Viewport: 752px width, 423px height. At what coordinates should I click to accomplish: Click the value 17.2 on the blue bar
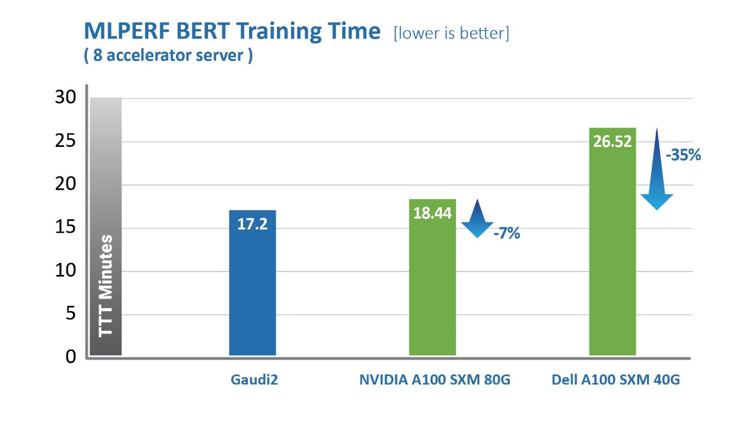pos(252,225)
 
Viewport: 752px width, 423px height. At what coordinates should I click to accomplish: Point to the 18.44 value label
pos(432,213)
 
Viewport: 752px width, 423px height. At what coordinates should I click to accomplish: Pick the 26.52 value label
pos(612,142)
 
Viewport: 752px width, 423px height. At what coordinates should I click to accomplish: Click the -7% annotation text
pos(506,233)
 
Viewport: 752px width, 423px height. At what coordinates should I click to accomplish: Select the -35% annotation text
pos(683,155)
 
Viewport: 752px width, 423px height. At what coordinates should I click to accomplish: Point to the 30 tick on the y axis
pos(65,98)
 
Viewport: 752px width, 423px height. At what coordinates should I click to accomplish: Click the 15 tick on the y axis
pos(65,227)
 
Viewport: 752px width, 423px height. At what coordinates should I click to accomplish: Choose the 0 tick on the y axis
pos(71,357)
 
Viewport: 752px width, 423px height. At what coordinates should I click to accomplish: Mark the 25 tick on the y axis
pos(65,141)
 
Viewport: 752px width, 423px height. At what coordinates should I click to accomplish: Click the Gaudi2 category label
pos(254,380)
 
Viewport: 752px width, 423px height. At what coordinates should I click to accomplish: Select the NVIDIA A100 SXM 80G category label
pos(434,380)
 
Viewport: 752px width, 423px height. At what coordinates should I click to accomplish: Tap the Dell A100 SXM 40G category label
pos(616,380)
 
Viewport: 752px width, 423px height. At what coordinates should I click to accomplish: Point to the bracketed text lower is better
pos(451,33)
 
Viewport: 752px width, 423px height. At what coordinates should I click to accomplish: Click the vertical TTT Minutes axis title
pos(106,286)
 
